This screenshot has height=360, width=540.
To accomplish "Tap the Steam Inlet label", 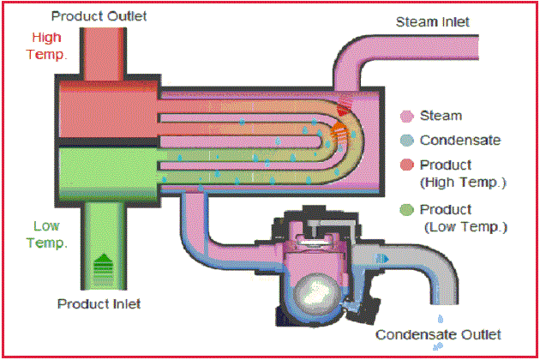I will pyautogui.click(x=431, y=21).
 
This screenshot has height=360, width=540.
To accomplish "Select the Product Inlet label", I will pyautogui.click(x=99, y=303).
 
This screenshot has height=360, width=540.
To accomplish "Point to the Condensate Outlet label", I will pyautogui.click(x=439, y=334).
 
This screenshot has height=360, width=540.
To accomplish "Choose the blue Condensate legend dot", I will pyautogui.click(x=407, y=141).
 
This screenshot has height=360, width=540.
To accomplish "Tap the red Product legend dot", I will pyautogui.click(x=407, y=165).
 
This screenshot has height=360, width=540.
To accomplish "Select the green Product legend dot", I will pyautogui.click(x=407, y=210).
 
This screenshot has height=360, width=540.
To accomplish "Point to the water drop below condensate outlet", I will pyautogui.click(x=439, y=346).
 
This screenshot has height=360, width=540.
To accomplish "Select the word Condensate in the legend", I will pyautogui.click(x=460, y=140).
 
